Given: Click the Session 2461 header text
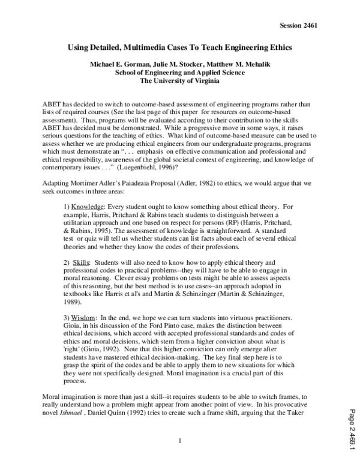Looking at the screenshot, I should pyautogui.click(x=298, y=26).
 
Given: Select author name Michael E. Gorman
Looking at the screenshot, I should pyautogui.click(x=110, y=64).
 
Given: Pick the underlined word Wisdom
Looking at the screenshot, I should pyautogui.click(x=87, y=317).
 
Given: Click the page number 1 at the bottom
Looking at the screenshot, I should pyautogui.click(x=179, y=443).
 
